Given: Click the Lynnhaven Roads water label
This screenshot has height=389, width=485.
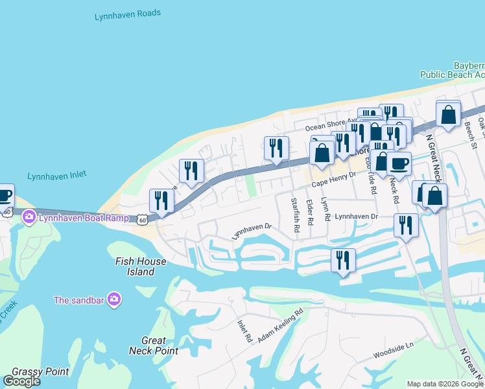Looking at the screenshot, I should tap(128, 13).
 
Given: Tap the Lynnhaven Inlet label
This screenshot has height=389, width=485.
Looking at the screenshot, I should tap(57, 175).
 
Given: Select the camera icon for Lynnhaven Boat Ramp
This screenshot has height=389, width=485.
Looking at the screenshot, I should tap(29, 218).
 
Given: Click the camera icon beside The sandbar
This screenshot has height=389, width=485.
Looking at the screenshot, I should tap(115, 299).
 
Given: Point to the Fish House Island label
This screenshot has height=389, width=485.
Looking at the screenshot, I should tap(141, 266).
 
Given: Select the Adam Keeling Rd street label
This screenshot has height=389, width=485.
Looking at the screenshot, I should tap(280, 325).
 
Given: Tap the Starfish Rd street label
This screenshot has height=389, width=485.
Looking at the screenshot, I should tap(295, 215).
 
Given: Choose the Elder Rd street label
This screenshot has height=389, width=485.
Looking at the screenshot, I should tap(310, 212).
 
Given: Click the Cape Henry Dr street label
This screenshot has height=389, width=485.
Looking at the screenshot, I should tap(334, 180).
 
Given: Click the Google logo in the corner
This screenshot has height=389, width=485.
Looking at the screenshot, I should tap(21, 381).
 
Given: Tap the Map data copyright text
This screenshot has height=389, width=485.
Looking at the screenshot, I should tap(445, 384).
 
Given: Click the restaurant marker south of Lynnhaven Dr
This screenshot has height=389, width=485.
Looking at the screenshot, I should tap(343, 260).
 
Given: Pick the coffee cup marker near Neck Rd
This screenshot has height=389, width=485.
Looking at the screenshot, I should tap(399, 163).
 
